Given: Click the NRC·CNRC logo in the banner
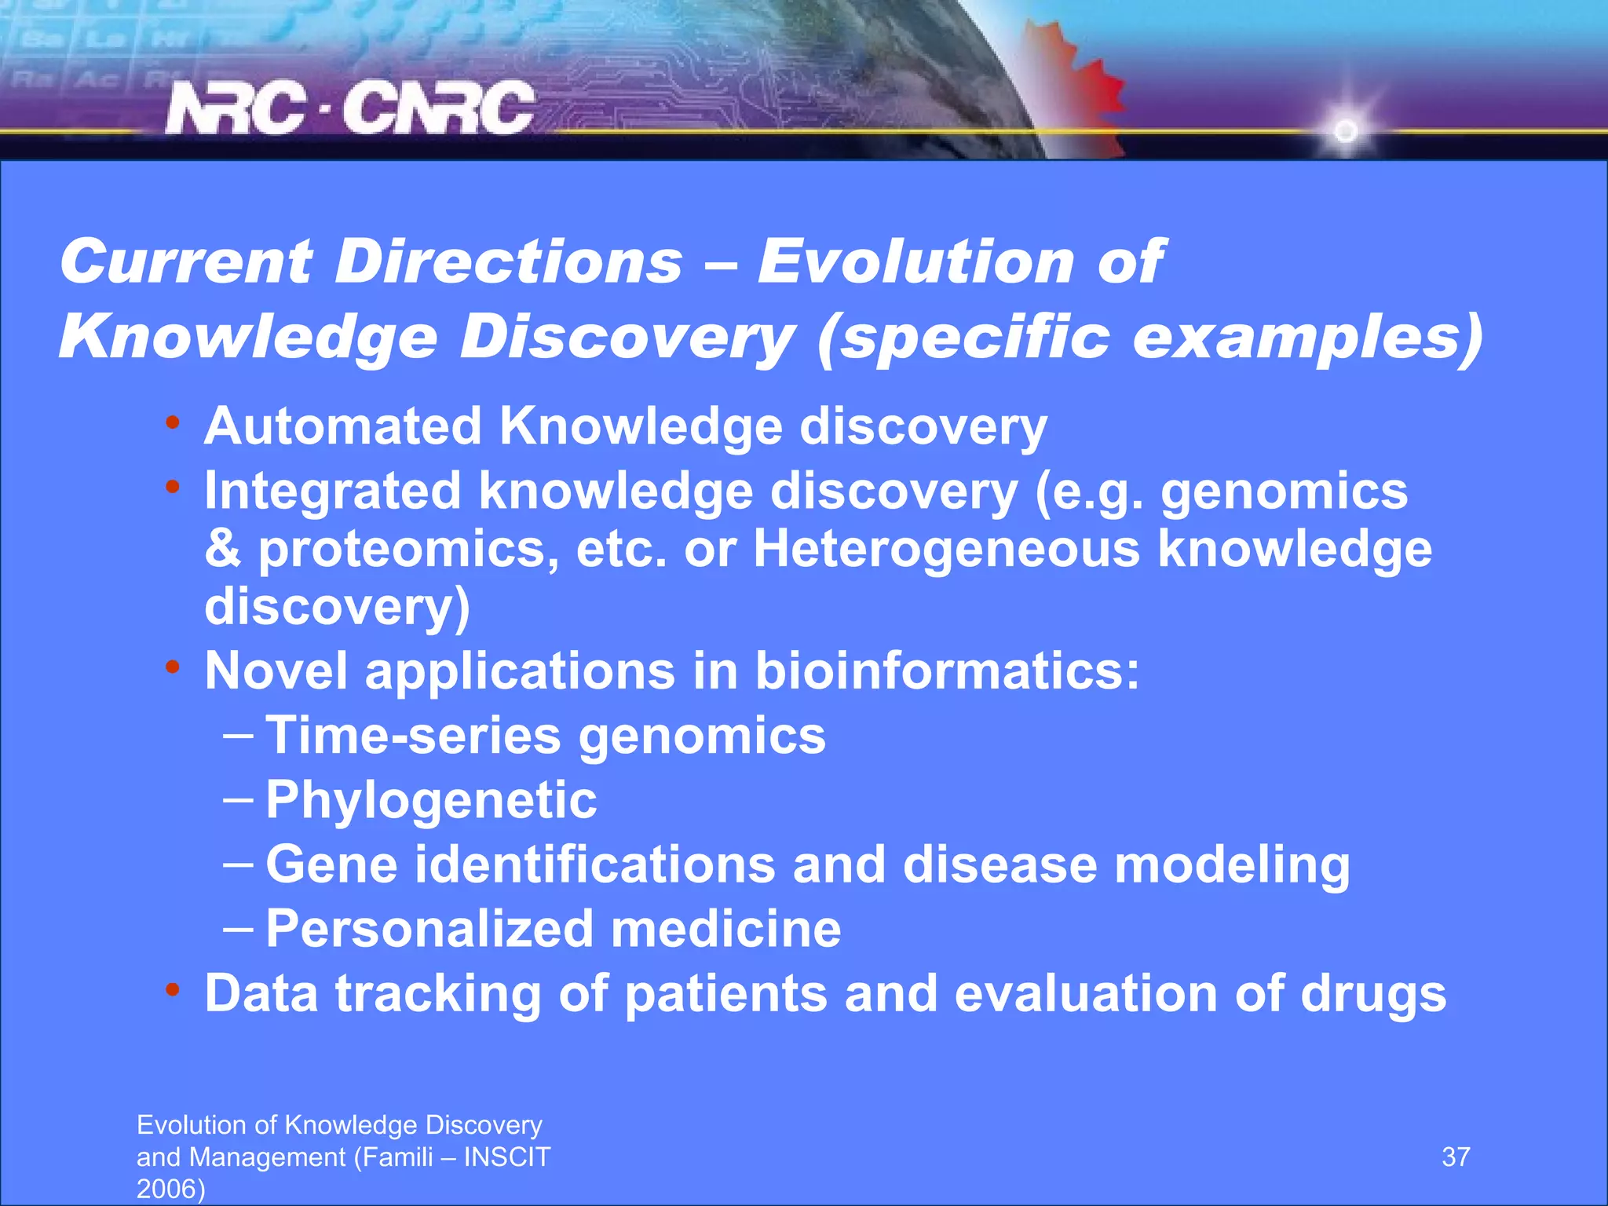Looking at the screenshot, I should pos(350,108).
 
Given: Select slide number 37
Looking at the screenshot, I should pos(1456,1157).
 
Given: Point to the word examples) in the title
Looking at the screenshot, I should pos(1307,338).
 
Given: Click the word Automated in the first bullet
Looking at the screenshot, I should pos(342,426).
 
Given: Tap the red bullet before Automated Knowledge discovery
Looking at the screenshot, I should pos(173,423).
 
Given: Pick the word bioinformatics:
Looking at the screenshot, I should pos(946,671).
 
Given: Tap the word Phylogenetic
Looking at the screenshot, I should pos(431,800).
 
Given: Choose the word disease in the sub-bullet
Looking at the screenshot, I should pos(1000,864).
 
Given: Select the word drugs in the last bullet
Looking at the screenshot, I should pos(1372,993).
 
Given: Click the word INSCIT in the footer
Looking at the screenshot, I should pos(507,1157).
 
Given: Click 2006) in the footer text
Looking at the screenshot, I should pos(170,1189).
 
